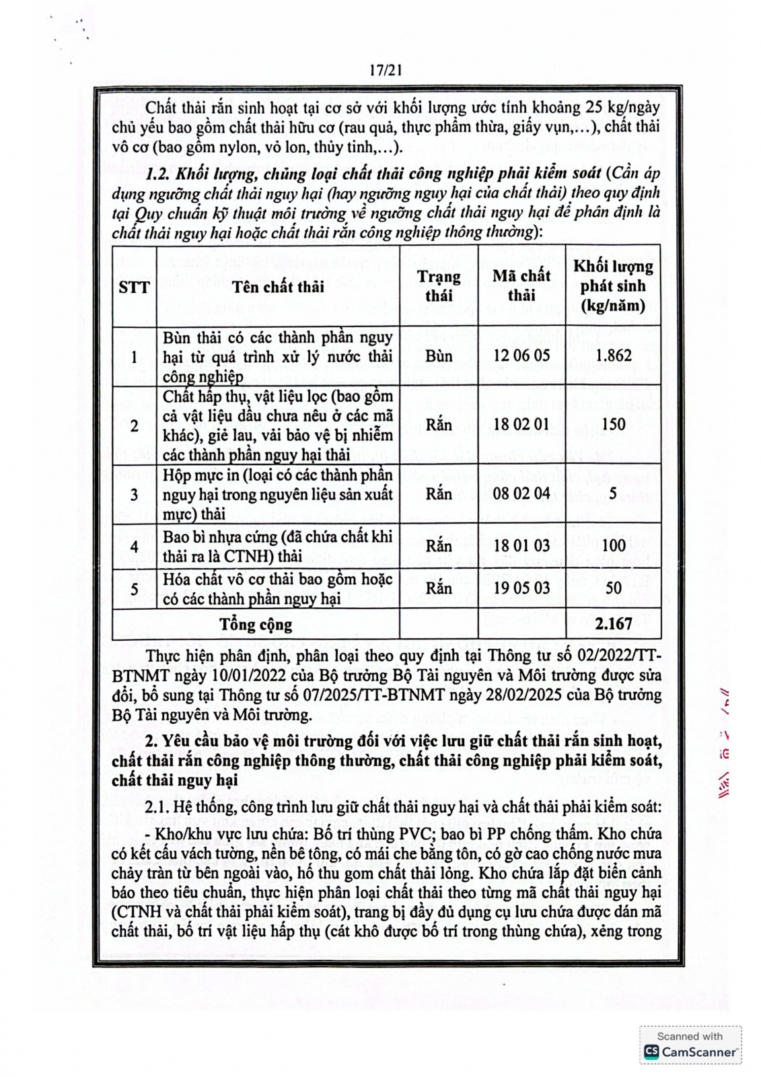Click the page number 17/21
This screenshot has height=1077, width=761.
click(386, 70)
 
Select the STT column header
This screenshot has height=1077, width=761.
click(134, 287)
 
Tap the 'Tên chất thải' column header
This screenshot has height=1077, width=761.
click(278, 287)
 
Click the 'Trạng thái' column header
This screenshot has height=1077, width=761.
click(439, 286)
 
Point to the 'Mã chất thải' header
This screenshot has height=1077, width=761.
click(521, 285)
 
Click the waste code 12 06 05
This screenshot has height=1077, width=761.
click(521, 355)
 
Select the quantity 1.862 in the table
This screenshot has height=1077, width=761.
click(614, 355)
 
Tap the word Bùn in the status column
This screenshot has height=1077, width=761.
click(439, 355)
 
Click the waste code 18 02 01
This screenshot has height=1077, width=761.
click(521, 424)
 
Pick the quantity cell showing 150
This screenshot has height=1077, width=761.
click(614, 424)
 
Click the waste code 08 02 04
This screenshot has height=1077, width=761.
click(521, 493)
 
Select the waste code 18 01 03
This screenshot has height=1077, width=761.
click(521, 545)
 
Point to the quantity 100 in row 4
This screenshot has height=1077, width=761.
click(614, 545)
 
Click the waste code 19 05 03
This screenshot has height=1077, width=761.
click(521, 588)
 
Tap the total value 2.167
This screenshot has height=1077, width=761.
click(614, 624)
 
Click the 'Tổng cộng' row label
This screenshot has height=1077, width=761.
click(256, 625)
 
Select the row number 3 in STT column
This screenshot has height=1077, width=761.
click(134, 494)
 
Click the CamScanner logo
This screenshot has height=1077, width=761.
click(690, 1051)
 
